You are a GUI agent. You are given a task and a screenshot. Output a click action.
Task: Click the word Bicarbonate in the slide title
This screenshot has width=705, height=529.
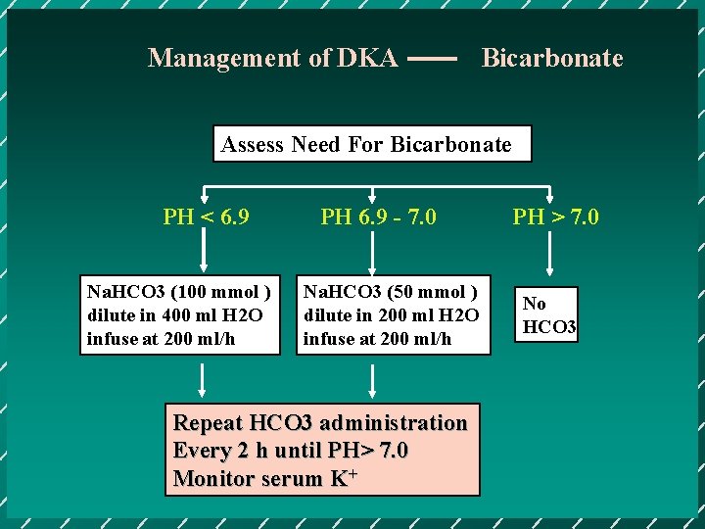pos(551,58)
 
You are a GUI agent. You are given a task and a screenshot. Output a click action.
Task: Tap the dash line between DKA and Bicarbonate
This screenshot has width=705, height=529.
pos(432,60)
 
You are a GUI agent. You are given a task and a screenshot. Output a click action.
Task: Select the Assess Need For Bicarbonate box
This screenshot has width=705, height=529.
pos(372,144)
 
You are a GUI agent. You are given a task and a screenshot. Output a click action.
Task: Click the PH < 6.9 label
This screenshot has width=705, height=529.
pos(206,216)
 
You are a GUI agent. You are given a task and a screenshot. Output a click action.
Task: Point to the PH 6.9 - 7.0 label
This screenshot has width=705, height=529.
pos(379,216)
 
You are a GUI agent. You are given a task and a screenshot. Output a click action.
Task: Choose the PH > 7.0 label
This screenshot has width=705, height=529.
pos(555,216)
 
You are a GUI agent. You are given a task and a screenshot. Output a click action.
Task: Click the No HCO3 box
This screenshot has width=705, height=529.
pos(549,315)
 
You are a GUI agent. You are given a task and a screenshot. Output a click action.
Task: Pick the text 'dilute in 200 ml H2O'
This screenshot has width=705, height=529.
pos(391,315)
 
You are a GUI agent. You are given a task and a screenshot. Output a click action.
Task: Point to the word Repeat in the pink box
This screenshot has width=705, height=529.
pos(208,423)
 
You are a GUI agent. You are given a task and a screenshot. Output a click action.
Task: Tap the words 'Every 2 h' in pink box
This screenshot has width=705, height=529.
pos(216,451)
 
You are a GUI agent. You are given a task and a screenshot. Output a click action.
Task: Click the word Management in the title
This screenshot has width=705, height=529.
pos(225,58)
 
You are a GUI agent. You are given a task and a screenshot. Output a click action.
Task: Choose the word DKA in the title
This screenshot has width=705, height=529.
pos(367,58)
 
